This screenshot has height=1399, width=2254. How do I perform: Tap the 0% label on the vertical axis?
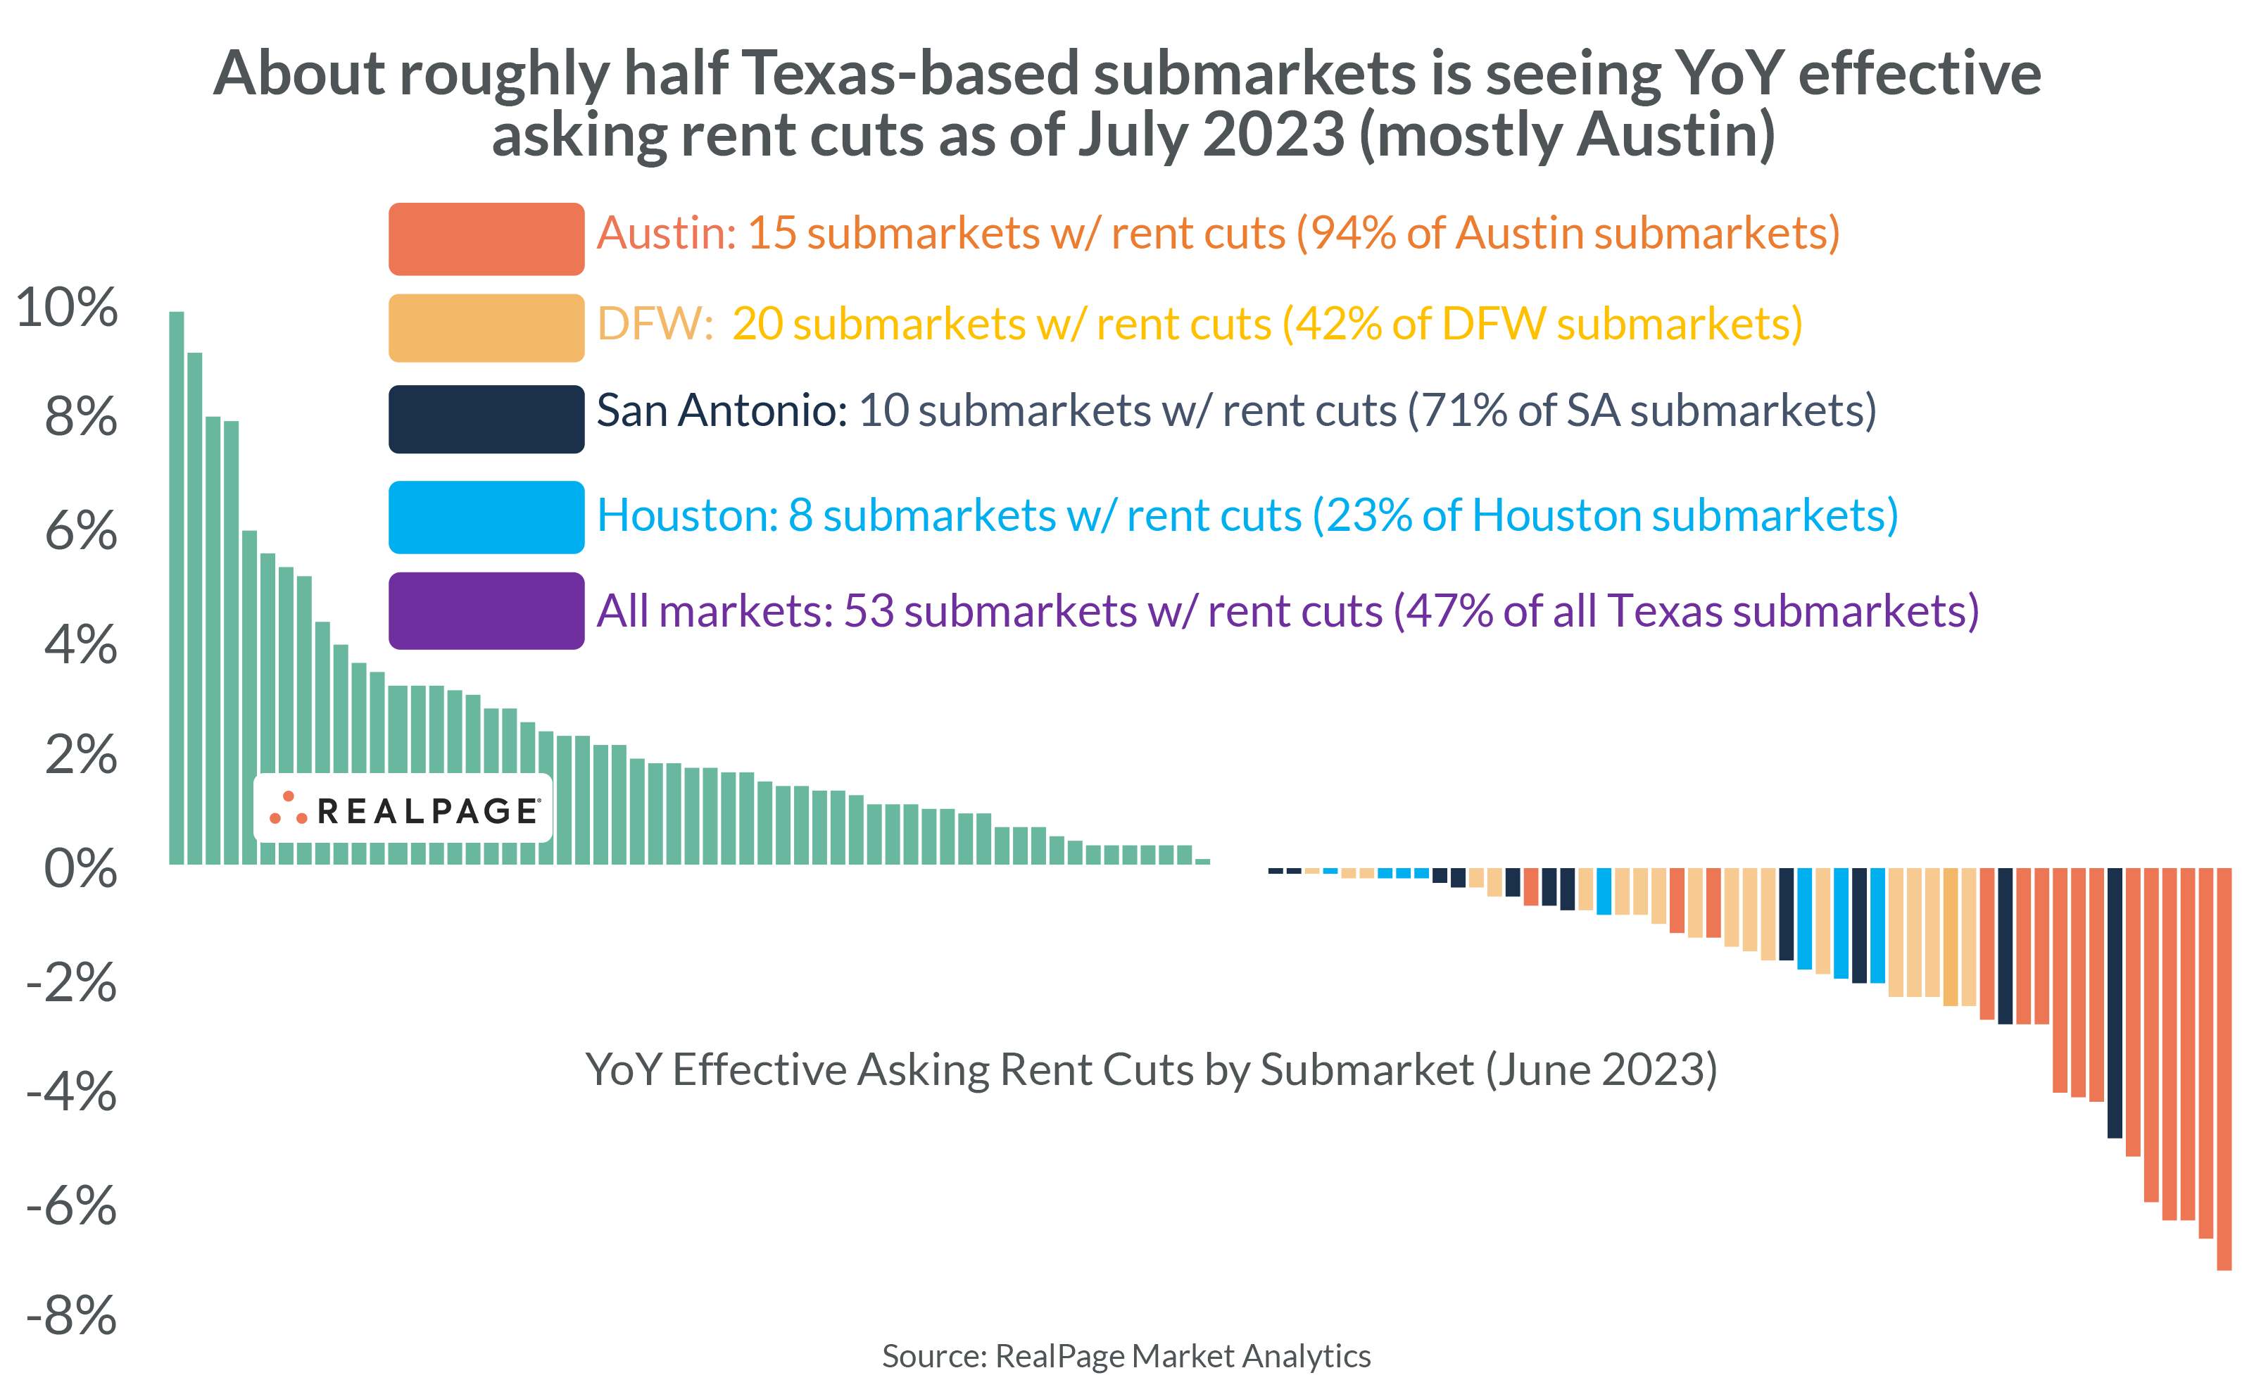80,869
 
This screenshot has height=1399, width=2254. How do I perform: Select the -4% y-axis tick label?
71,1092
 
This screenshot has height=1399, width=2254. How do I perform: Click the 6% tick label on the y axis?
80,531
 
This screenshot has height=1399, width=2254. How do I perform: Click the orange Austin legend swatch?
486,239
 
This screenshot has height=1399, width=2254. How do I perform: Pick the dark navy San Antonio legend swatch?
486,419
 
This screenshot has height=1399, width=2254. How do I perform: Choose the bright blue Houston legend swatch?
486,517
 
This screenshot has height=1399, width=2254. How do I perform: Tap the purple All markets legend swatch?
486,610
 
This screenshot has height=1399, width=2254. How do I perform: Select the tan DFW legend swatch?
486,327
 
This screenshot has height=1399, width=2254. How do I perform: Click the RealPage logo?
403,809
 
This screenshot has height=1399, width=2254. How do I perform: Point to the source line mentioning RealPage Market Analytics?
1126,1355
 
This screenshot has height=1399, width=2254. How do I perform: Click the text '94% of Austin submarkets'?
1568,233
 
